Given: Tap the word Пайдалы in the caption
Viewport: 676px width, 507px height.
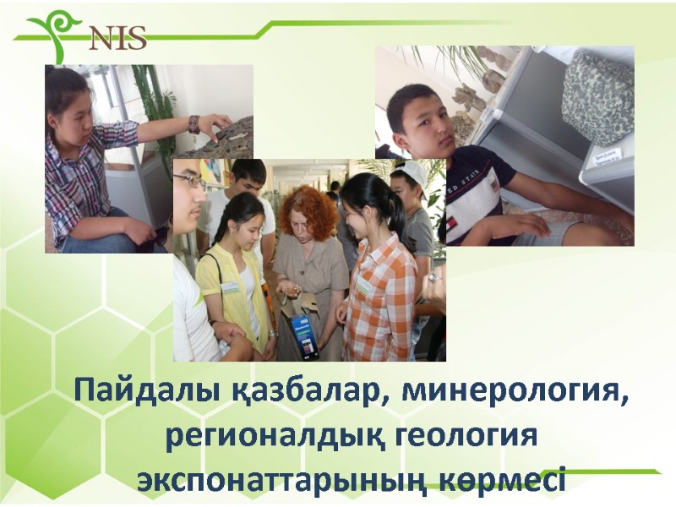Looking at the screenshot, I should click(x=144, y=393).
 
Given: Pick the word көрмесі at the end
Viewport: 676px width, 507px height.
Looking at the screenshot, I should click(x=498, y=481).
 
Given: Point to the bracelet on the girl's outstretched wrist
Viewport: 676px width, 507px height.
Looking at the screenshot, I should click(x=194, y=123).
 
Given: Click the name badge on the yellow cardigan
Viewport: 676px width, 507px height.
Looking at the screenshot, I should click(x=230, y=288).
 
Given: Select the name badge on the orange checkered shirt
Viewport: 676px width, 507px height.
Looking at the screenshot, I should click(x=364, y=286).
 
